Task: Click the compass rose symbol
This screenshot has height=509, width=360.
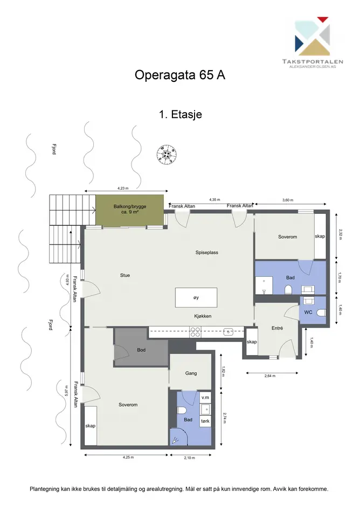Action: point(167,154)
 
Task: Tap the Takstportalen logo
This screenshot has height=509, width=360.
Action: point(313,43)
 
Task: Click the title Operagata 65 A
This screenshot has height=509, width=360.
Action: point(179,75)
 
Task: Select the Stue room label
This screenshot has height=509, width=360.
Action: point(125,275)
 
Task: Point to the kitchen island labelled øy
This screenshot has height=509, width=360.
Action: point(196,297)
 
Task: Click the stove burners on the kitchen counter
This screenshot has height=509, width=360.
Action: point(195,332)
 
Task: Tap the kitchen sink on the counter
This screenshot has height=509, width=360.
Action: point(229,332)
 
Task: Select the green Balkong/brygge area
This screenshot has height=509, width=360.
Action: point(130,210)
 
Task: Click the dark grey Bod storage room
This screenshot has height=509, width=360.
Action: point(141,347)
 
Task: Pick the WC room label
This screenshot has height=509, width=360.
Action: point(308,312)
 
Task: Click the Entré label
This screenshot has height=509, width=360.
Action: point(277,328)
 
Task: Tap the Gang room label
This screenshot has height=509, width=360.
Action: point(191,373)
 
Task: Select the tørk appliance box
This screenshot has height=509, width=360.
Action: point(205,421)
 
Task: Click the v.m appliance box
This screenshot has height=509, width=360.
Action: point(205,398)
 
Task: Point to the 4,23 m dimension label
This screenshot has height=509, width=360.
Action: point(123,188)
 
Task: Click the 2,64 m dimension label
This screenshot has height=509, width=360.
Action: point(270,376)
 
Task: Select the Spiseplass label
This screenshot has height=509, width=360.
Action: point(206,252)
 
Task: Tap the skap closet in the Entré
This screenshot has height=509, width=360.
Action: point(252,341)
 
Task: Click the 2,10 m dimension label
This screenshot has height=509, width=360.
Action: point(189,458)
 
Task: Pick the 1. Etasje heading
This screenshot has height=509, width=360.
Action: point(181,115)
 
